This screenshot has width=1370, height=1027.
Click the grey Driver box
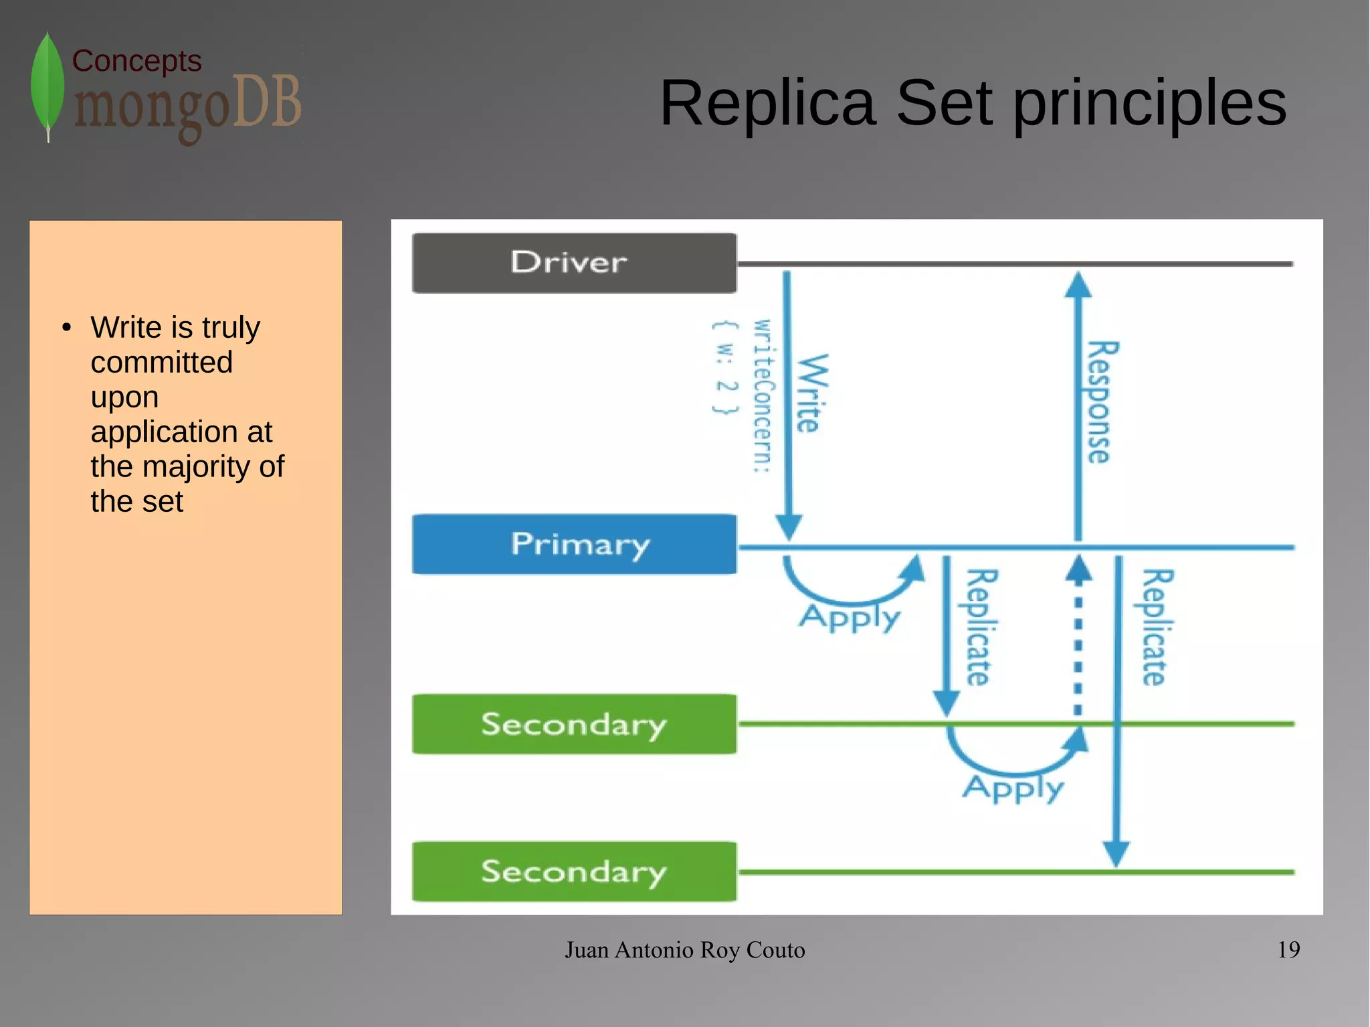[574, 263]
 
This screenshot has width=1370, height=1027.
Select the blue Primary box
[574, 544]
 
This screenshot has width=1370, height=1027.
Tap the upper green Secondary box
[574, 724]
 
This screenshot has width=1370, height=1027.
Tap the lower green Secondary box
[574, 871]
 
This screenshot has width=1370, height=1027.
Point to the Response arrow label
[1100, 402]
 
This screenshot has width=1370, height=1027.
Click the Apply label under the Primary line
[850, 617]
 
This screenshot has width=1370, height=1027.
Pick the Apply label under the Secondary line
[1013, 788]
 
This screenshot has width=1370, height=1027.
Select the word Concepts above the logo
[136, 61]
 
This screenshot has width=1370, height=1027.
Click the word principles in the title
[1149, 104]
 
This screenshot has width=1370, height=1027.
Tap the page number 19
[1288, 949]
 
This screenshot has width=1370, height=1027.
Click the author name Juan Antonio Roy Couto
[684, 950]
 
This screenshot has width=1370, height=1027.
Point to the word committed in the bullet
[162, 363]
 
